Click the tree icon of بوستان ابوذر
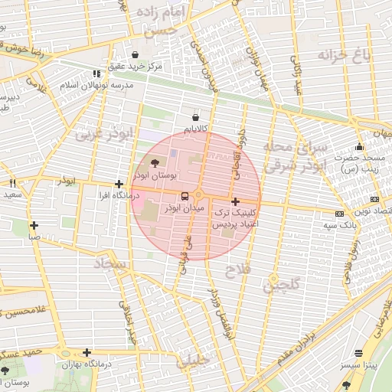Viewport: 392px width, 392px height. point(155,163)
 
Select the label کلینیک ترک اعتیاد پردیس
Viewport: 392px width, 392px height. point(236,217)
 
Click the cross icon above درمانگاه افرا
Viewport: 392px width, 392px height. point(119,185)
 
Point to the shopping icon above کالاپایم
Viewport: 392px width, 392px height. point(196,118)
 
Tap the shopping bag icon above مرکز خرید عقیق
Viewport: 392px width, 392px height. point(136,55)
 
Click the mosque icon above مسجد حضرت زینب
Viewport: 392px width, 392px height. point(359,147)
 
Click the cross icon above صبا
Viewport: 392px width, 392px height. point(34,225)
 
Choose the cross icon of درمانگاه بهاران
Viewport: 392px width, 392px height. point(87,352)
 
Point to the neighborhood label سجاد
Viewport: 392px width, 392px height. point(112,264)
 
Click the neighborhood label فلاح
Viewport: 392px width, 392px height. point(237,270)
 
